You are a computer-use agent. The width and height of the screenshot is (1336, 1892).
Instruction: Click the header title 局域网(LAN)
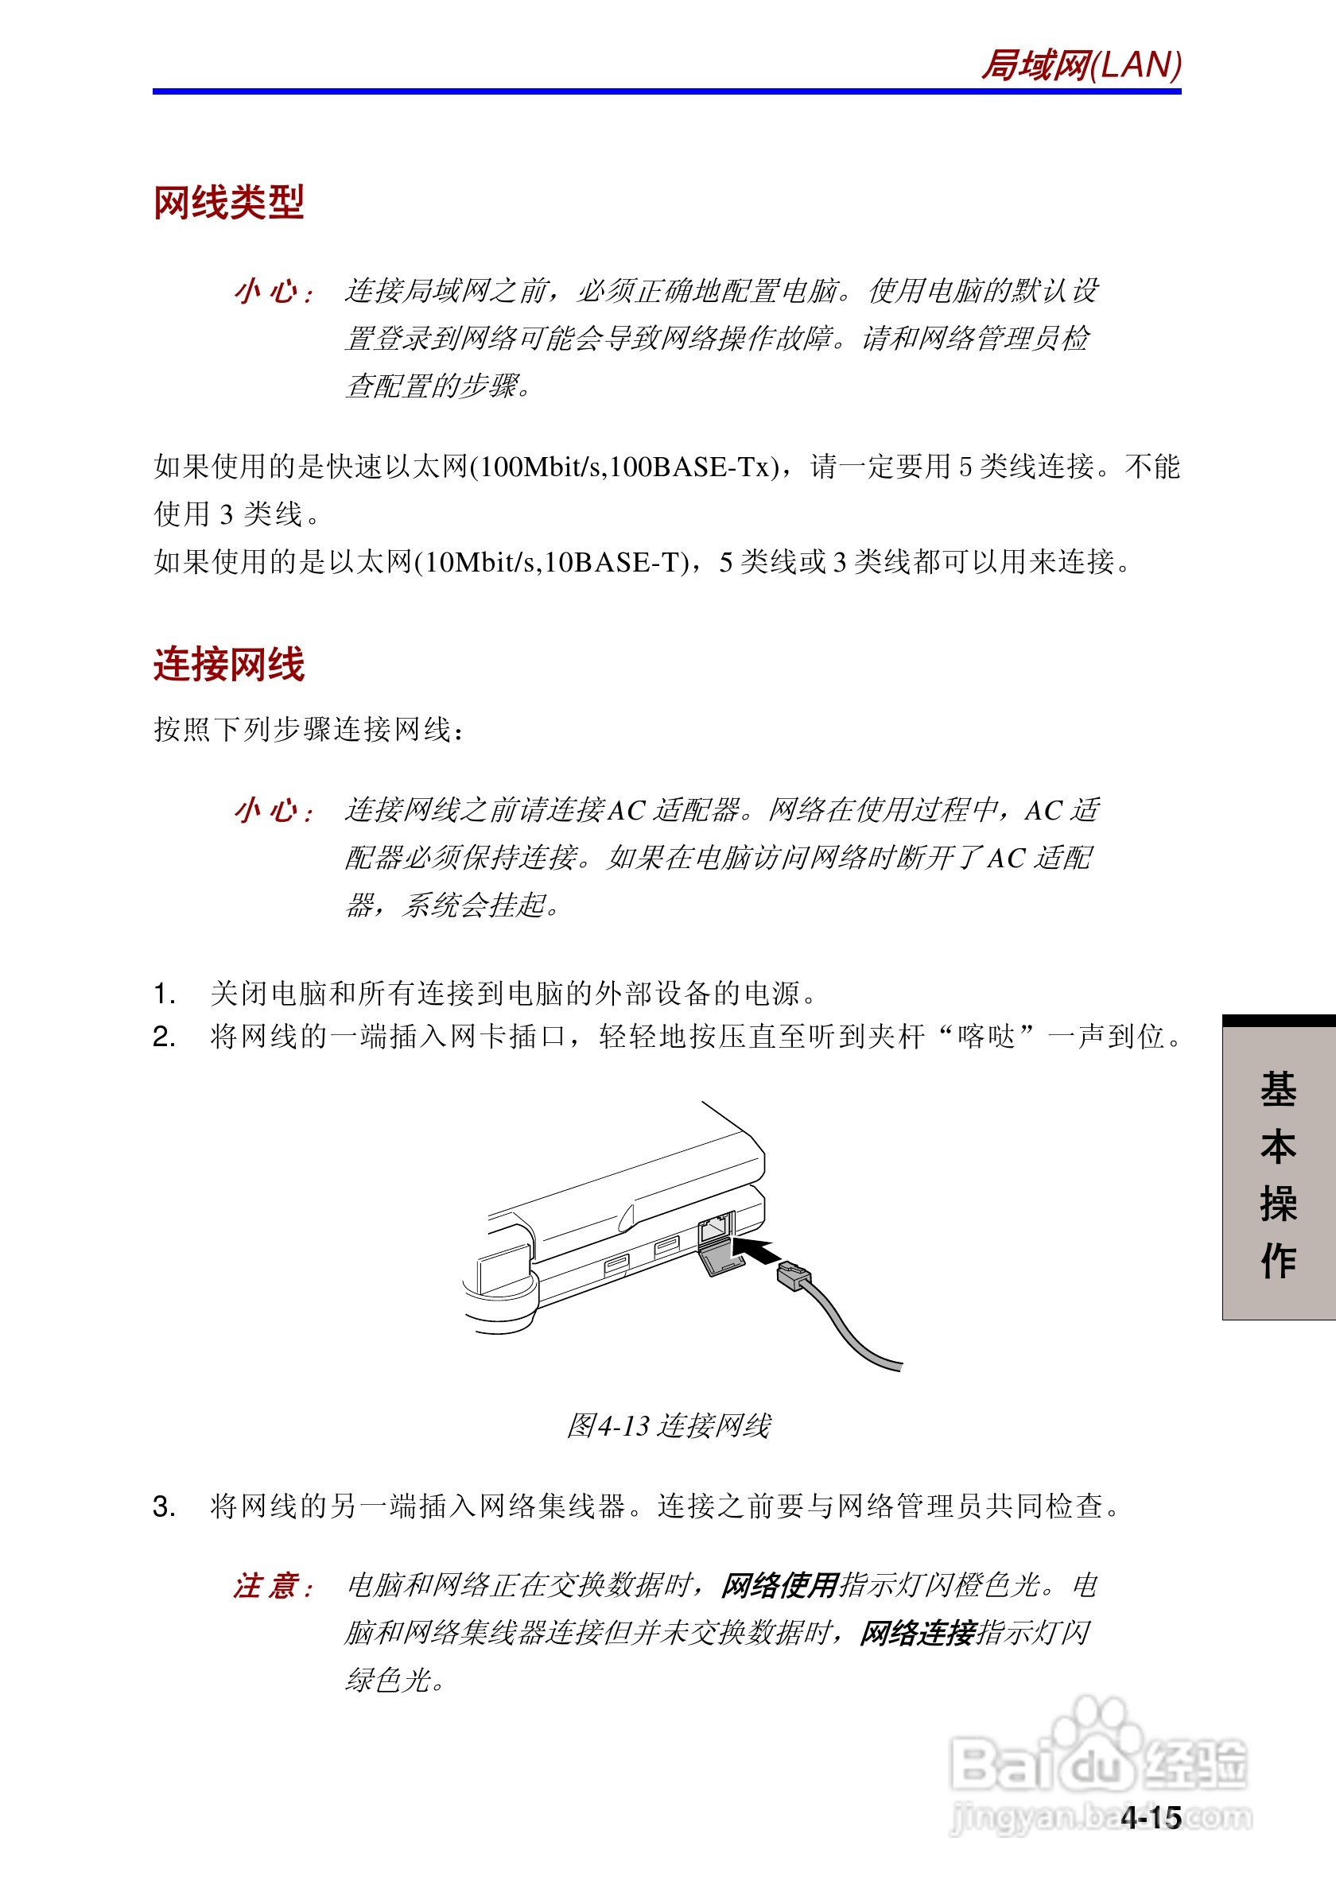tap(1081, 65)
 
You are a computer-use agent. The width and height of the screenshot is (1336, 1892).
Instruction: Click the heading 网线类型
tap(229, 202)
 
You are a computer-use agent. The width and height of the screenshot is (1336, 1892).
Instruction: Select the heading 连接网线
tap(229, 664)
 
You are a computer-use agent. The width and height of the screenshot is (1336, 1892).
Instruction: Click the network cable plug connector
tap(794, 1277)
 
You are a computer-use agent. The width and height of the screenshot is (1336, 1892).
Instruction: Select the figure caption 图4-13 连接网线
tap(669, 1425)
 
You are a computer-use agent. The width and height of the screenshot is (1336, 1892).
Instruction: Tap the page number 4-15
tap(1152, 1818)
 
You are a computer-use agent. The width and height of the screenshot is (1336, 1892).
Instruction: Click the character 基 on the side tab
tap(1278, 1089)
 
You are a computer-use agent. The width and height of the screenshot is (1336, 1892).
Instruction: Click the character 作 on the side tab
tap(1278, 1261)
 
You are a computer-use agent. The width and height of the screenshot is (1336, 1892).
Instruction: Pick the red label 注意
tap(273, 1585)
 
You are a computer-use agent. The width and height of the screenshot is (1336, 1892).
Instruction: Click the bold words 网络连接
tap(918, 1632)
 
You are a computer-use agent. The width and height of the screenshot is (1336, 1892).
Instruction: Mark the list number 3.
tap(163, 1507)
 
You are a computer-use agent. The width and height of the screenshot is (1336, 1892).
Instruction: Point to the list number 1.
tap(163, 994)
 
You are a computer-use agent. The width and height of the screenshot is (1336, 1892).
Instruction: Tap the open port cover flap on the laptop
tap(721, 1262)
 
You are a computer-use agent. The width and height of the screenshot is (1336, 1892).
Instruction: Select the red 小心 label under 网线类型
tap(273, 292)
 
